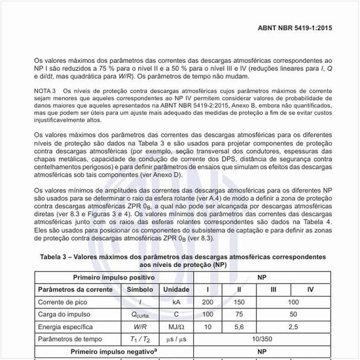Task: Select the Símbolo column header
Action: pyautogui.click(x=139, y=289)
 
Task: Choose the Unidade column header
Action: pyautogui.click(x=176, y=289)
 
